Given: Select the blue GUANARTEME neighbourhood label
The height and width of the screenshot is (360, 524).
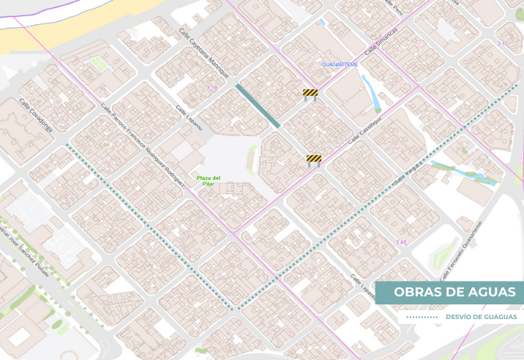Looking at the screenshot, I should tap(340, 65).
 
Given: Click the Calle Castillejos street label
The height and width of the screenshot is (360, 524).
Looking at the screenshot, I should tap(365, 130).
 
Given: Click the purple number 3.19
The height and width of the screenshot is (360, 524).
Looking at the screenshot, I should tap(212, 89).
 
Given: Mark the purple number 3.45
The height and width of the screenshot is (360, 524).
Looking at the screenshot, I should tap(401, 242).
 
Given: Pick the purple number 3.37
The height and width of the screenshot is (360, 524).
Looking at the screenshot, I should tap(502, 45).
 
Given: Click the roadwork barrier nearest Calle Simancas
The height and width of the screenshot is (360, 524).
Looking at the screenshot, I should tap(310, 94).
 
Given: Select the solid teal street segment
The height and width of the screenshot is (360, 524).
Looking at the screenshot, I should tap(258, 106).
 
